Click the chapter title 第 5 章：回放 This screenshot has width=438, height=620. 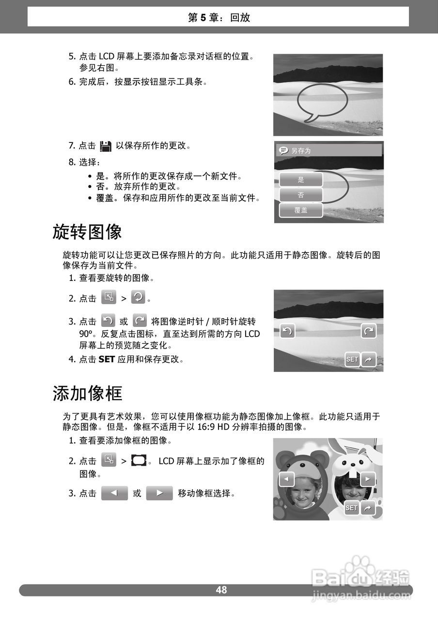click(x=219, y=18)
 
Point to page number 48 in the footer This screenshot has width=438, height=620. click(x=221, y=590)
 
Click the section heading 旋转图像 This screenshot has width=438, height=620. click(x=87, y=232)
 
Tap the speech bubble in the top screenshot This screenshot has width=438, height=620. click(x=322, y=102)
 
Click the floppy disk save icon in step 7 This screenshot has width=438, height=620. click(x=105, y=146)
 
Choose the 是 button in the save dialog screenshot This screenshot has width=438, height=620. click(x=301, y=180)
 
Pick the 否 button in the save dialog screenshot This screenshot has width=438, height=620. click(x=301, y=195)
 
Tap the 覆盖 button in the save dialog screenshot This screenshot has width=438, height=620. click(x=301, y=210)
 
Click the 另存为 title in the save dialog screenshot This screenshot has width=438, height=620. click(x=300, y=151)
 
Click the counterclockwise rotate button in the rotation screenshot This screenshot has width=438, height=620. click(x=287, y=331)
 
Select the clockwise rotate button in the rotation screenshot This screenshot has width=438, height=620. click(x=369, y=331)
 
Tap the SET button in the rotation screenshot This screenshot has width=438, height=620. click(x=352, y=359)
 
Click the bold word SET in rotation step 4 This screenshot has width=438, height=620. click(x=106, y=359)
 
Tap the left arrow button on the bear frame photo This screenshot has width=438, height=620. click(x=286, y=480)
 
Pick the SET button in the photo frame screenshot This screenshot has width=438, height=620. click(x=351, y=508)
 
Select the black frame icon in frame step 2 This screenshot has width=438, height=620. click(x=139, y=461)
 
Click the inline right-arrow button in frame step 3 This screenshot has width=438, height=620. click(x=159, y=494)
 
